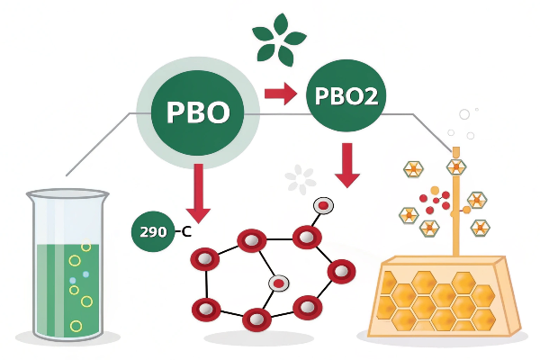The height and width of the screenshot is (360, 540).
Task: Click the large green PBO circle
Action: (198, 112)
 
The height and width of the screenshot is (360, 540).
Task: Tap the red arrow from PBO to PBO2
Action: (280, 93)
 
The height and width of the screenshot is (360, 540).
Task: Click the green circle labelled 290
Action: (154, 232)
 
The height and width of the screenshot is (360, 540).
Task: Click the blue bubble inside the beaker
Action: (85, 274)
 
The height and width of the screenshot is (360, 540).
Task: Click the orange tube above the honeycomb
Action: (455, 198)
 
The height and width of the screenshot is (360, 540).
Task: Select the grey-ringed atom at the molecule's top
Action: (321, 206)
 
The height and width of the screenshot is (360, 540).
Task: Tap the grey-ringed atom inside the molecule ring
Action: (279, 283)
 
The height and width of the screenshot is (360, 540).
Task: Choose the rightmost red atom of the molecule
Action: (342, 271)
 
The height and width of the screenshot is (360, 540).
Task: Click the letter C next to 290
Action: (186, 232)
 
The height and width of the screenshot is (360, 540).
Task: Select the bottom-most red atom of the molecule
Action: (256, 319)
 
